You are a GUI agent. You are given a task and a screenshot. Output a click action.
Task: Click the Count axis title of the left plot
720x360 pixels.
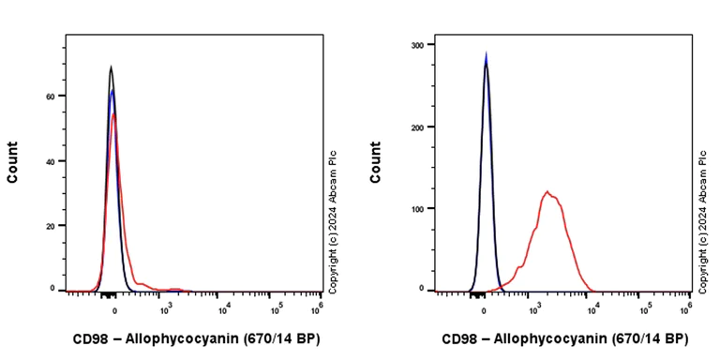13,161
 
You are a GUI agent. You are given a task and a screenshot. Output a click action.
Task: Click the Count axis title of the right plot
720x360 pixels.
375,161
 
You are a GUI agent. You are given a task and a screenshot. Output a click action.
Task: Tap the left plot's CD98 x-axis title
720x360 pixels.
196,338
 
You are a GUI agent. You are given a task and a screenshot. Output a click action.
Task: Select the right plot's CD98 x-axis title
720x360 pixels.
564,338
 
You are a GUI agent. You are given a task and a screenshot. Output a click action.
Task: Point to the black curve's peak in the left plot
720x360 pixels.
111,67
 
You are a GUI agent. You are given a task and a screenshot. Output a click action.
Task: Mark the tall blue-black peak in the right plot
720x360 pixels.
486,56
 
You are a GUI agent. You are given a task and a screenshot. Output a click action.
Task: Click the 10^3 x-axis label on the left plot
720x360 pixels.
167,307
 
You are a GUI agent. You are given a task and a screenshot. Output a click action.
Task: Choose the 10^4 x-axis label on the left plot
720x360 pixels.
223,307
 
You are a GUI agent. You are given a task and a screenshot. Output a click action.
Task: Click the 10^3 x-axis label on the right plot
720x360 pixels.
533,307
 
